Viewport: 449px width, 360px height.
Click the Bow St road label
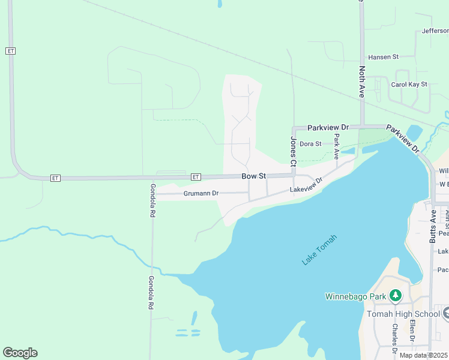coord(253,176)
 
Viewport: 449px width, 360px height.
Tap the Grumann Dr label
coord(200,194)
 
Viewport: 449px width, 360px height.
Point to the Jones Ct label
coord(294,152)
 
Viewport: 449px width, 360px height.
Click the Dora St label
coord(310,144)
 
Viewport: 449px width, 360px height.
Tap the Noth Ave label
coord(362,82)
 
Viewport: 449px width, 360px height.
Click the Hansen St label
coord(384,57)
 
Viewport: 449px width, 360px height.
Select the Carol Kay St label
coord(409,85)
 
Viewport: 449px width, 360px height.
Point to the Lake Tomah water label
coord(319,250)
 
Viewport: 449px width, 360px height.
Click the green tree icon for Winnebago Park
coord(395,295)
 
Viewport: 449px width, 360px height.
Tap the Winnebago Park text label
coord(355,296)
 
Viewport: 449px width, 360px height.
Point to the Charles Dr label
coord(394,338)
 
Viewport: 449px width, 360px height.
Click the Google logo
coord(20,353)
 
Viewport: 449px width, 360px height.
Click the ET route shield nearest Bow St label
coord(196,177)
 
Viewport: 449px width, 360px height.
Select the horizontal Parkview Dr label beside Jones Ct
coord(328,128)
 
